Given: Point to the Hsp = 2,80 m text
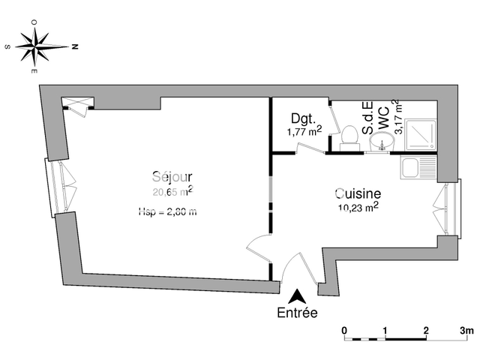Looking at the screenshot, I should click(x=167, y=212).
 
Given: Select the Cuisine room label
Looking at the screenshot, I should click(x=358, y=193).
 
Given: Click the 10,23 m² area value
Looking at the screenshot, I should click(x=358, y=208).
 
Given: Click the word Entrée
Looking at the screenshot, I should click(x=297, y=313).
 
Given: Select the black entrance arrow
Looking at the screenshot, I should click(x=298, y=297).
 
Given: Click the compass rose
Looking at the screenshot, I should click(x=40, y=46).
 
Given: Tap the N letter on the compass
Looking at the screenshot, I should click(x=75, y=46).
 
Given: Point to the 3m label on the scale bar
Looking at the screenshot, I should click(x=466, y=330).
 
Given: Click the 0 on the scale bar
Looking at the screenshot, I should click(x=343, y=330).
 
